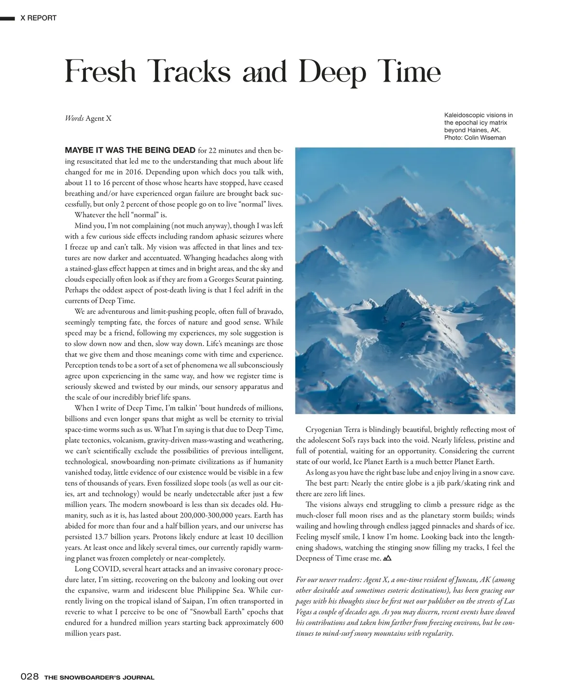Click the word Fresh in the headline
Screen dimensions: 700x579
[x=101, y=72]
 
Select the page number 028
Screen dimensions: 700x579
[x=29, y=677]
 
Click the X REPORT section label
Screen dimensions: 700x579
[x=38, y=18]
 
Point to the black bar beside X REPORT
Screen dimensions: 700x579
[x=8, y=18]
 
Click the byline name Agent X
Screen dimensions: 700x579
[x=98, y=118]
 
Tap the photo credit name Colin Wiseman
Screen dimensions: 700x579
[x=488, y=138]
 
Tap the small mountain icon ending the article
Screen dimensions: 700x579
[x=386, y=558]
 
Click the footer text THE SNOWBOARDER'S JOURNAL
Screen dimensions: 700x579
[x=99, y=677]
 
